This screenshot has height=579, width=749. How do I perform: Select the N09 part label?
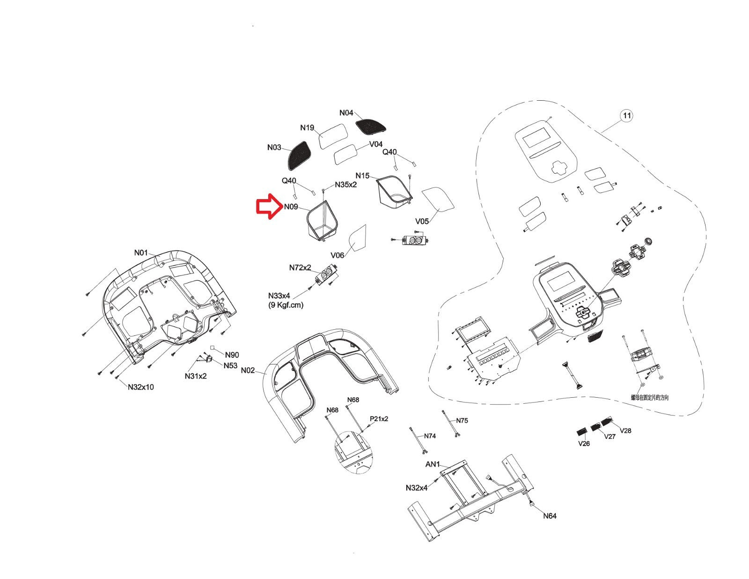(291, 207)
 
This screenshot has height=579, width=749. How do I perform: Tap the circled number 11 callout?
(626, 115)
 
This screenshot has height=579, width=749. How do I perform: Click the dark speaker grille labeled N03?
(298, 156)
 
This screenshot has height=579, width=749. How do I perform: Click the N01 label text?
(141, 252)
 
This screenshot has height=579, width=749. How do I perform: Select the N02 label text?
(248, 371)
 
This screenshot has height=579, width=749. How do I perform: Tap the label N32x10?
(140, 387)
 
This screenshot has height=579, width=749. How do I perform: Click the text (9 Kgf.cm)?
(286, 305)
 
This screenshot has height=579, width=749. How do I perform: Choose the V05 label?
(422, 222)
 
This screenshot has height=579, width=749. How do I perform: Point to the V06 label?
(337, 255)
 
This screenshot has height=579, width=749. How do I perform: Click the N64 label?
(550, 516)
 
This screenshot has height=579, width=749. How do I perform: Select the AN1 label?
(432, 464)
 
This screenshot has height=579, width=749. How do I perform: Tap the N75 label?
(462, 421)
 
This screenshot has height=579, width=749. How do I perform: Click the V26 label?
(584, 444)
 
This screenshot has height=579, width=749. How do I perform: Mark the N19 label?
(307, 128)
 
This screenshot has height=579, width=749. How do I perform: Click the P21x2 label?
(379, 419)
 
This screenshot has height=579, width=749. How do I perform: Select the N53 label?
(230, 365)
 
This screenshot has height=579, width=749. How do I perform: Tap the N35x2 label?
(345, 185)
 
